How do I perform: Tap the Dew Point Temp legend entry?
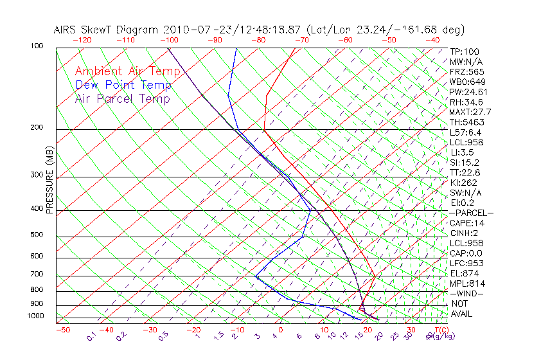[123, 85]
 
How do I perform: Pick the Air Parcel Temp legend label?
[122, 98]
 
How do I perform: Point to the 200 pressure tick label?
[37, 128]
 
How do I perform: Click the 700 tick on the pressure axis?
[37, 274]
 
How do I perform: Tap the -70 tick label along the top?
[301, 40]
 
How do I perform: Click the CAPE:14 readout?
[466, 223]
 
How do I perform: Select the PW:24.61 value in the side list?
[468, 92]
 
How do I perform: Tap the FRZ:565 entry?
[466, 71]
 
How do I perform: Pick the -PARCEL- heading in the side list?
[471, 213]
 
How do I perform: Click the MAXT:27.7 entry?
[471, 112]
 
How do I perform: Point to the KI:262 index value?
[464, 182]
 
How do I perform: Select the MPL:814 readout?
[467, 283]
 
